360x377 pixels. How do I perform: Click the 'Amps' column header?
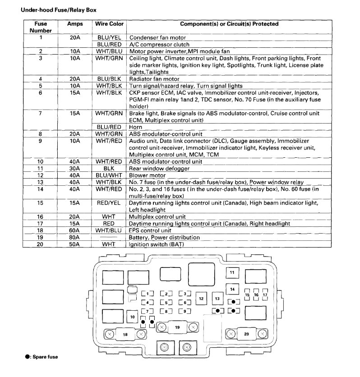(x=75, y=24)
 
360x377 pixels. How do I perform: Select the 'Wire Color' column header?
(x=110, y=24)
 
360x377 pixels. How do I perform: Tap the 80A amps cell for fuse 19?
(x=75, y=237)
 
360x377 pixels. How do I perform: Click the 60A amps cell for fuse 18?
(x=75, y=230)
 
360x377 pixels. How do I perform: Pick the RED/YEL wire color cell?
(x=110, y=203)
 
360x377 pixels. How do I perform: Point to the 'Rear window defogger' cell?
(x=156, y=168)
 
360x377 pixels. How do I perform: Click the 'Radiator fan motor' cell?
(x=153, y=78)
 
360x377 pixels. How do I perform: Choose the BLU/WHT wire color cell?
(x=110, y=175)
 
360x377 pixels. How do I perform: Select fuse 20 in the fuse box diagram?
(x=246, y=334)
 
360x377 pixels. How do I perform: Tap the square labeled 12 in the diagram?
(x=201, y=298)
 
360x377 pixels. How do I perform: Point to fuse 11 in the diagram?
(x=232, y=273)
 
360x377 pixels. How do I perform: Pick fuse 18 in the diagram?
(x=125, y=334)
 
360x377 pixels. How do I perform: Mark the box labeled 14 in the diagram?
(x=232, y=289)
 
